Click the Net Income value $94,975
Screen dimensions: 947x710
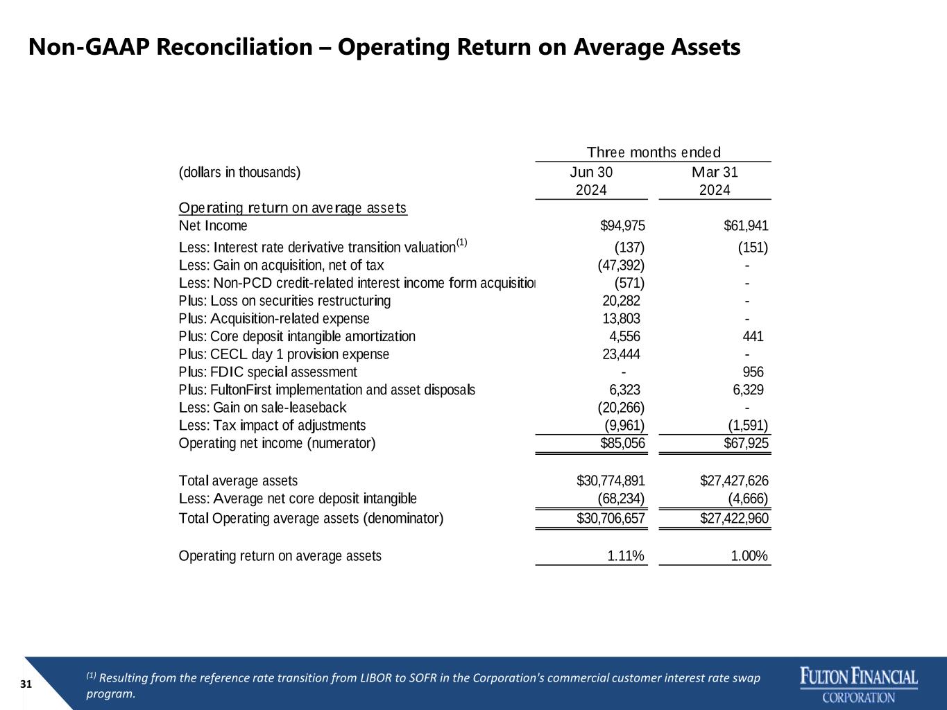pyautogui.click(x=622, y=225)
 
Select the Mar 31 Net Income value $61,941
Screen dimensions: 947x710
pyautogui.click(x=746, y=225)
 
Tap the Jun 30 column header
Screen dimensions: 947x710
pyautogui.click(x=591, y=181)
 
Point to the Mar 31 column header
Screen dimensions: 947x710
pyautogui.click(x=715, y=181)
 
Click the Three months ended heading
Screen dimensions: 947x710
pyautogui.click(x=654, y=152)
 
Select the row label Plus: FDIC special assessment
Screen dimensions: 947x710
pyautogui.click(x=268, y=372)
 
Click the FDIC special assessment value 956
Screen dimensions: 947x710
pyautogui.click(x=753, y=372)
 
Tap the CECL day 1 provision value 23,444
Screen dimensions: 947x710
pyautogui.click(x=621, y=354)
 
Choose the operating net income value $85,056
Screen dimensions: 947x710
pyautogui.click(x=622, y=443)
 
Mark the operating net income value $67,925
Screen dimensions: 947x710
pyautogui.click(x=746, y=443)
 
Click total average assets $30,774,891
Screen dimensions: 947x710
pyautogui.click(x=611, y=480)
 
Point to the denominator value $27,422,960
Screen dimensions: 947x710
pyautogui.click(x=734, y=518)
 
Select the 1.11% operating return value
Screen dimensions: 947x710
pyautogui.click(x=626, y=555)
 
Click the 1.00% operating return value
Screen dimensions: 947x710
pyautogui.click(x=749, y=555)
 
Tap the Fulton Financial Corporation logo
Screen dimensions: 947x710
pyautogui.click(x=859, y=684)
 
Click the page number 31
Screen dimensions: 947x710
pyautogui.click(x=26, y=684)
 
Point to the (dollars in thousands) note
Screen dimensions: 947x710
pyautogui.click(x=239, y=173)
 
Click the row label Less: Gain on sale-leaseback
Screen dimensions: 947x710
pyautogui.click(x=262, y=408)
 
